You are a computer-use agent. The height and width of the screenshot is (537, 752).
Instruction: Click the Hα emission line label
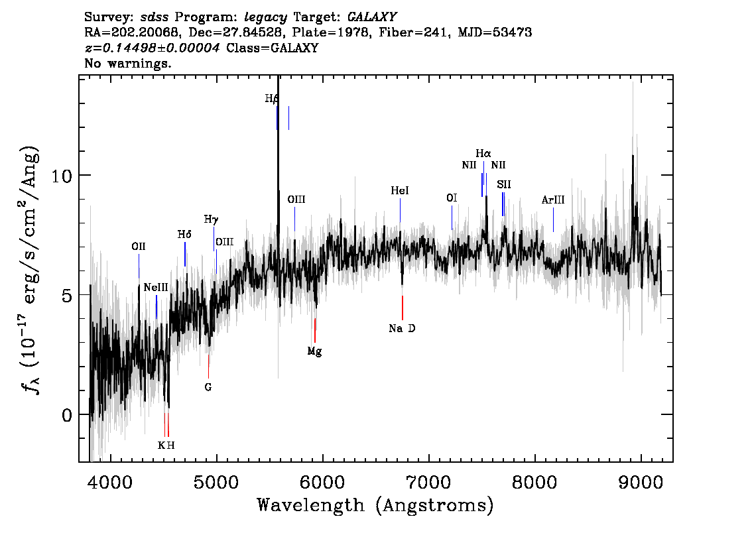[483, 153]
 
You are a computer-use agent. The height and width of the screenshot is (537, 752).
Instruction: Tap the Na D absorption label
[402, 328]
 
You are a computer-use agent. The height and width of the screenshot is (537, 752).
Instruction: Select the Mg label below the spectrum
[314, 351]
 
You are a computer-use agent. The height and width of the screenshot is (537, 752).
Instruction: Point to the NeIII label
[156, 287]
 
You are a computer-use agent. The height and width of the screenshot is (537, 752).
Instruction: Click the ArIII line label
[553, 200]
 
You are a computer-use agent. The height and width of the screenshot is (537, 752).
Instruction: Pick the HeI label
[399, 190]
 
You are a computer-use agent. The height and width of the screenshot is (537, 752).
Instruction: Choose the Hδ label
[184, 235]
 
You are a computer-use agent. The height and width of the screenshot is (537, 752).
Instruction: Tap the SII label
[503, 184]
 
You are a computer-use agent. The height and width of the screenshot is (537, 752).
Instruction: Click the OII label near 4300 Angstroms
[139, 247]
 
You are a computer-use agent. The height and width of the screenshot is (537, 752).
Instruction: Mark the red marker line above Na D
[403, 308]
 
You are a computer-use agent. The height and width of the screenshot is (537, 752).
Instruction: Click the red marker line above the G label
[209, 367]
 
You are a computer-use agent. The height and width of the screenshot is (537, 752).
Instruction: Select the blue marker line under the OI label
[452, 217]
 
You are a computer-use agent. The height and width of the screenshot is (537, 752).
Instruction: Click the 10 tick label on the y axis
[62, 176]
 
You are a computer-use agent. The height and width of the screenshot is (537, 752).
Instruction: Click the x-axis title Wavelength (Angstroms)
[375, 505]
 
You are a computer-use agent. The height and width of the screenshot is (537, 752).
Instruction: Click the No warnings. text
[127, 63]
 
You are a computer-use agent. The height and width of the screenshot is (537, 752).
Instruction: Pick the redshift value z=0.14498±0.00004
[153, 48]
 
